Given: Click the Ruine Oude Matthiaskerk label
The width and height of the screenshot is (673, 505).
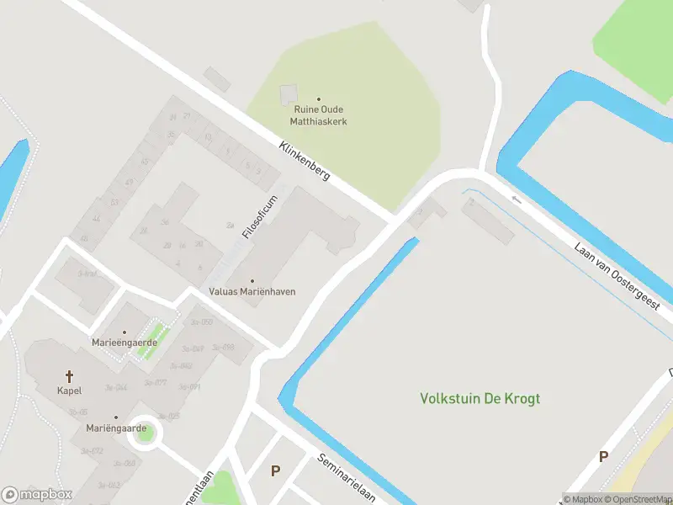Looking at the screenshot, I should (319, 115).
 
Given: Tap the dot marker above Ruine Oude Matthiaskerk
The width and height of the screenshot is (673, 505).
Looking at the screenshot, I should (319, 99).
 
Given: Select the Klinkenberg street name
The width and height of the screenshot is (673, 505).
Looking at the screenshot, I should (305, 161).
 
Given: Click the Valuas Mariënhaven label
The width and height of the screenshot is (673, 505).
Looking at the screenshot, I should (252, 291).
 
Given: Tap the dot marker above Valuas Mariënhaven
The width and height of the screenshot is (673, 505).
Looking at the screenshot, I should (252, 280).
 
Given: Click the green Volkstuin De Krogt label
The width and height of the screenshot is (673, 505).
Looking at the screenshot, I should (480, 398).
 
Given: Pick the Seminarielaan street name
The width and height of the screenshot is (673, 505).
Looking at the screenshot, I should (347, 478).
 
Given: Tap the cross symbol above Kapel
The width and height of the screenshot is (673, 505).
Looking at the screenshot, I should (70, 376).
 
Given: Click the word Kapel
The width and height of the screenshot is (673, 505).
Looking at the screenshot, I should (69, 391).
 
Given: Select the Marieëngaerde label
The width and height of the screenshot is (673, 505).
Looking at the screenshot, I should (125, 343).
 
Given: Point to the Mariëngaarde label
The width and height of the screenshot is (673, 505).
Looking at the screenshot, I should (116, 428).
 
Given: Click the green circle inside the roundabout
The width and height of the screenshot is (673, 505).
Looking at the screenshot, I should (146, 433).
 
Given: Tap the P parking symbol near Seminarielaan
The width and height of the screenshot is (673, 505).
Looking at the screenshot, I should (275, 470).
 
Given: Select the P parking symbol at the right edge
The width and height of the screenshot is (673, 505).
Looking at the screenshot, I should (603, 457).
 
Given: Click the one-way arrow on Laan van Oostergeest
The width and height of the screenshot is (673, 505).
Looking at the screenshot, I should (517, 199).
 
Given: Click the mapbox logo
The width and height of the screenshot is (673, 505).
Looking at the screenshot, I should (37, 495).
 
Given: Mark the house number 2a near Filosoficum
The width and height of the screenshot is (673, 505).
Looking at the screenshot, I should (230, 226).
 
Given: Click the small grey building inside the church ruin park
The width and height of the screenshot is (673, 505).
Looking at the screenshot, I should (289, 94).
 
